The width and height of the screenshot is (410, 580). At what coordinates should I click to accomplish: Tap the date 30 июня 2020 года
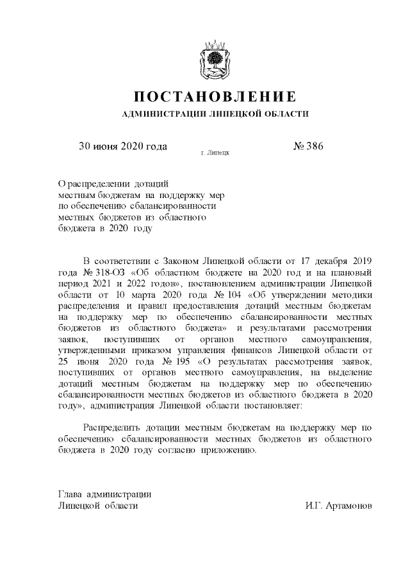pos(122,145)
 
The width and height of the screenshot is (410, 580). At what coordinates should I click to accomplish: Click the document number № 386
pos(308,145)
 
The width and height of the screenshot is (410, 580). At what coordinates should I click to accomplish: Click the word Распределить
pos(115,427)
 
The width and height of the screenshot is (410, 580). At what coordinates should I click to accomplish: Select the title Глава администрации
pos(104,494)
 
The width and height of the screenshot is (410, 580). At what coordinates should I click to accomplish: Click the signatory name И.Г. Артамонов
pos(338,506)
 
